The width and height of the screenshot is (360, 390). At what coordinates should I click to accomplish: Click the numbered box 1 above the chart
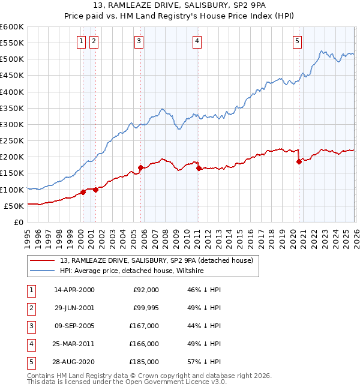[x=81, y=41]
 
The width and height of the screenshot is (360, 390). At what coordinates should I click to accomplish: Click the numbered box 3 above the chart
[x=139, y=41]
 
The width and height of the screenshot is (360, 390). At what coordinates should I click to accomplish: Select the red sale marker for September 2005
[x=140, y=167]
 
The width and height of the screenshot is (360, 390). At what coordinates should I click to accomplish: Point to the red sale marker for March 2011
[x=198, y=168]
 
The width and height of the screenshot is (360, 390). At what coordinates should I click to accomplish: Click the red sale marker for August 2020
[x=299, y=161]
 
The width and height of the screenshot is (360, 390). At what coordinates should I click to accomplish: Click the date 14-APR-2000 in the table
[x=74, y=290]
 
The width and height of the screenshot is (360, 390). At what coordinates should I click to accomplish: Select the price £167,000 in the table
[x=144, y=326]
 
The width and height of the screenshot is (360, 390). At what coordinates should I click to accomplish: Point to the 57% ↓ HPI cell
[x=203, y=362]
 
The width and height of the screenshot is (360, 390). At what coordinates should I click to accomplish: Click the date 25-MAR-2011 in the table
[x=75, y=344]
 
